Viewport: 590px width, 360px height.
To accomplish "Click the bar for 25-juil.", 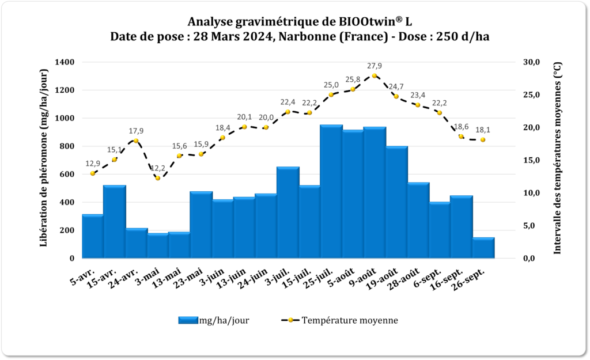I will click(x=331, y=191).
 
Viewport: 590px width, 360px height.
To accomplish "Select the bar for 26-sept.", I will click(x=483, y=248).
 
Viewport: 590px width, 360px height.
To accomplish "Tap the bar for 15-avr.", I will click(x=115, y=221).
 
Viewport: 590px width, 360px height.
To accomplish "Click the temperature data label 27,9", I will click(x=375, y=66).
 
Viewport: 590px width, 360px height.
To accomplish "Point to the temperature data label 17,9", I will click(x=136, y=130).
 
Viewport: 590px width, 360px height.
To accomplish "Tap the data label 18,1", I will click(x=483, y=130).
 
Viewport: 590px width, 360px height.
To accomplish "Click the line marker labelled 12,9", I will click(x=93, y=173).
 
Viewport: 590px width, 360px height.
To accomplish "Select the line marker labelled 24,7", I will click(x=396, y=96).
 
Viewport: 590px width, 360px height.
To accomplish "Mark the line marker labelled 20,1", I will click(x=244, y=127).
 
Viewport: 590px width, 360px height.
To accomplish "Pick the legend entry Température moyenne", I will click(x=349, y=320).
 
